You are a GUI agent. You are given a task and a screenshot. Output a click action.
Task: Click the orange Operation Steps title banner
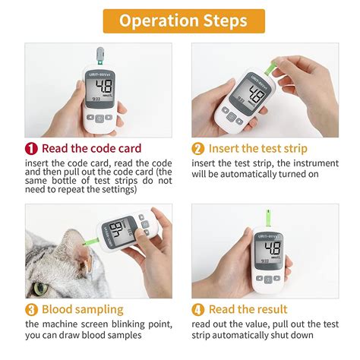[x=180, y=21]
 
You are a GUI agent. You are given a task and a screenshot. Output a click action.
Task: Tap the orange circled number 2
[x=198, y=149]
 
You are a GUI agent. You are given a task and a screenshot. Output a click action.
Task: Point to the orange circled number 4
[x=198, y=310]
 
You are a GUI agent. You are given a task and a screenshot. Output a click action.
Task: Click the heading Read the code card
[x=91, y=149]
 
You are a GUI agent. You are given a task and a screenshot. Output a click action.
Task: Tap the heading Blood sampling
[x=82, y=310]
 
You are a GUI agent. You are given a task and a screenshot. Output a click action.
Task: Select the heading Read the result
[x=249, y=310]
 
